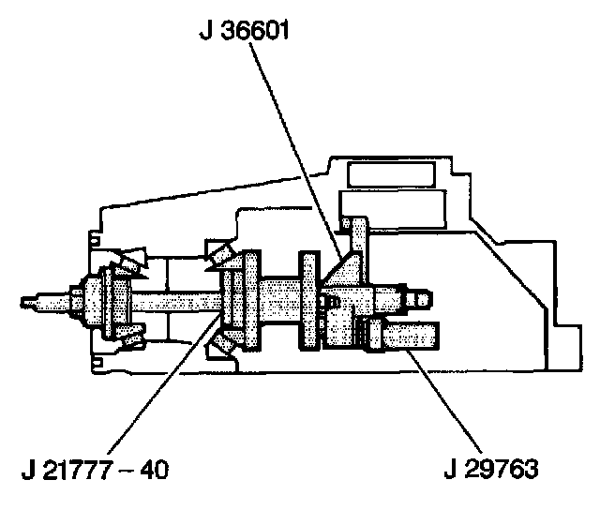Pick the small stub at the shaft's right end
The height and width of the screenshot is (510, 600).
point(422,299)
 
